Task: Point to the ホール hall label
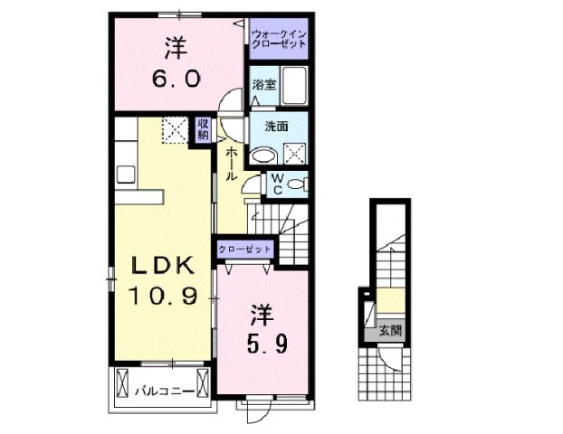pyautogui.click(x=232, y=164)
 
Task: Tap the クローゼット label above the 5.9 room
pyautogui.click(x=244, y=249)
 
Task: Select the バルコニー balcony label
pyautogui.click(x=160, y=392)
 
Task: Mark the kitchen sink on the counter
pyautogui.click(x=125, y=170)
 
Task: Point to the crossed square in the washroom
pyautogui.click(x=298, y=151)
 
